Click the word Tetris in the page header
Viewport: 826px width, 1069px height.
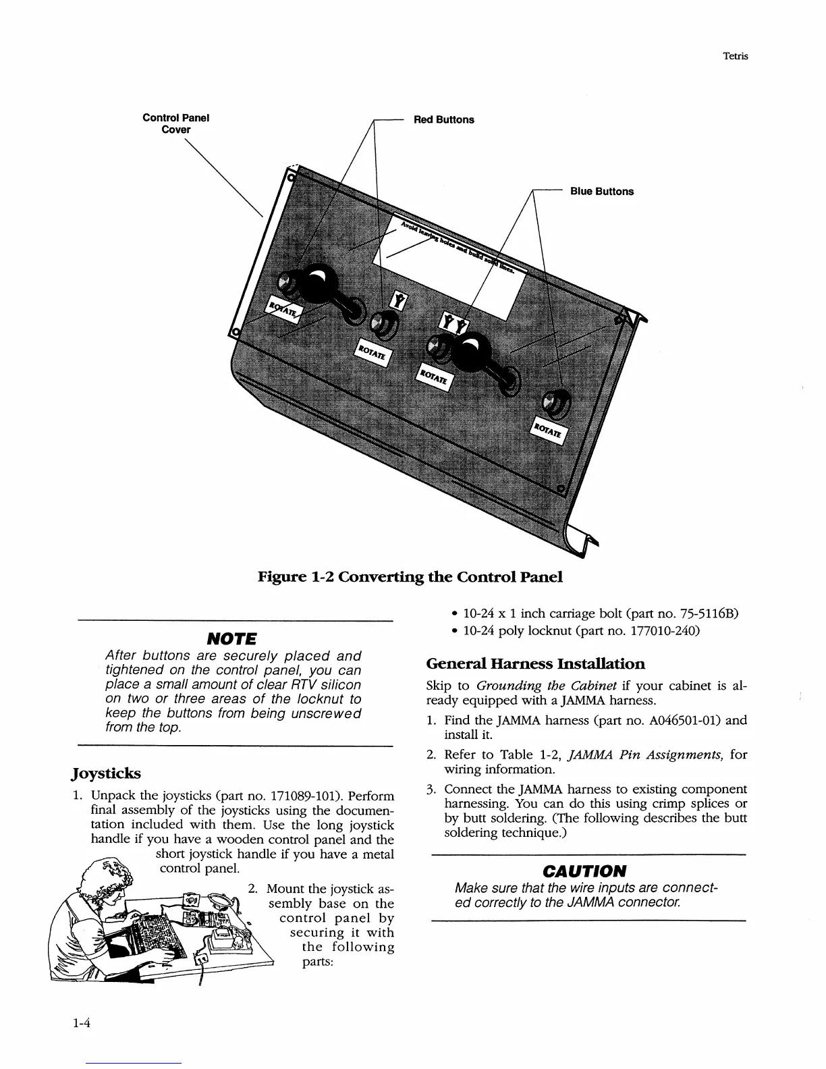(734, 57)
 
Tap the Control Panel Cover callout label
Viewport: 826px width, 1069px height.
(176, 124)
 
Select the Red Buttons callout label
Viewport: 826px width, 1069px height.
(443, 120)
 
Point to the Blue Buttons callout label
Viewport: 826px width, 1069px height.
(602, 192)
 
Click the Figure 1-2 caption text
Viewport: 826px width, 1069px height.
(410, 577)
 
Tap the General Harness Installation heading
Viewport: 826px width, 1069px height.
(536, 663)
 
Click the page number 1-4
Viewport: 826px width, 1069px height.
(82, 1022)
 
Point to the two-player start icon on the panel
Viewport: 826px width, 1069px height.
(452, 323)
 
